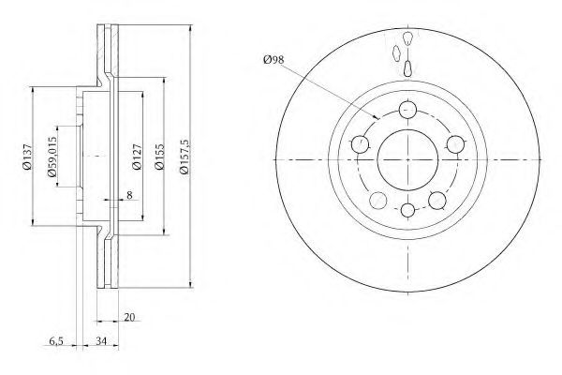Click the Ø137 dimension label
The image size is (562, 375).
point(27,157)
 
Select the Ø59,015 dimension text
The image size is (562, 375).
point(52,157)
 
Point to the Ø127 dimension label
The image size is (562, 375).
point(137,157)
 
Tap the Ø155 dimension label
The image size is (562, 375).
point(159,157)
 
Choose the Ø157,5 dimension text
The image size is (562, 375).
point(184,157)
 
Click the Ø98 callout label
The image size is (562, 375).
point(274,60)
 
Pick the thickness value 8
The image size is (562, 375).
point(129,195)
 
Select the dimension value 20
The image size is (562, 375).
point(129,317)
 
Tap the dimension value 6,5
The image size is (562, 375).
point(56,340)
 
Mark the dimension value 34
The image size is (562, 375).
point(101,340)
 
